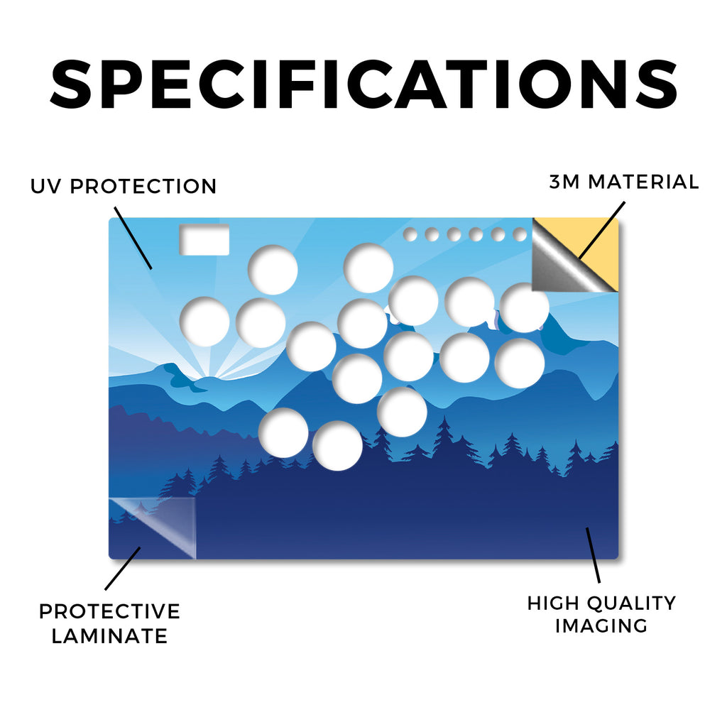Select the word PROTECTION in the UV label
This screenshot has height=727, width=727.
click(x=143, y=187)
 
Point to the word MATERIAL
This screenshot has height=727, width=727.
click(x=643, y=182)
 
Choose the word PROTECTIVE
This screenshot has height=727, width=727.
click(x=109, y=611)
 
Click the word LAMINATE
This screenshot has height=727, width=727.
click(x=109, y=635)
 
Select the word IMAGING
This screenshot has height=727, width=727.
click(x=601, y=625)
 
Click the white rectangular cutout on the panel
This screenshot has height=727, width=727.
click(x=204, y=240)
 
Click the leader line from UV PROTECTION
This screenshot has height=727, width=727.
click(x=133, y=238)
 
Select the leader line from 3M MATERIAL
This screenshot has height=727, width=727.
click(x=602, y=230)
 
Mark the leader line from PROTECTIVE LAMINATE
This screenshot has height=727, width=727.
click(x=122, y=569)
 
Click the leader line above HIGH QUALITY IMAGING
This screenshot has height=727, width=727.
click(x=593, y=555)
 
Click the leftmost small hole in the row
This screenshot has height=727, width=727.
click(x=410, y=234)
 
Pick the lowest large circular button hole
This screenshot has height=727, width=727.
click(x=337, y=446)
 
